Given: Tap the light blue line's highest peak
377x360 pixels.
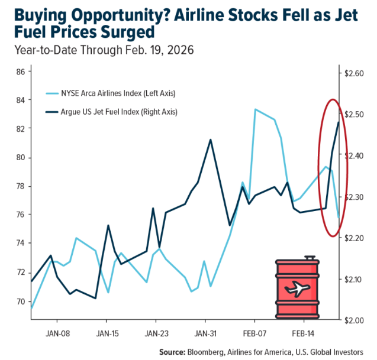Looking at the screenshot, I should pyautogui.click(x=255, y=109).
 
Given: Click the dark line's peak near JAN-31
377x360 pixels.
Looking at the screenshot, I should pyautogui.click(x=211, y=140).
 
